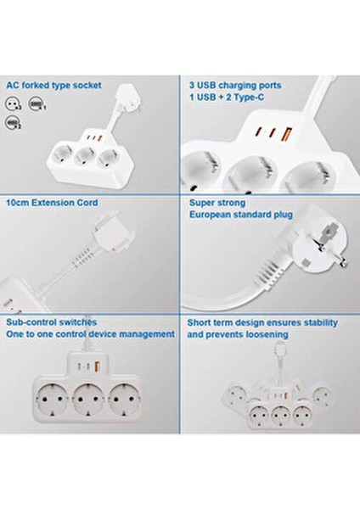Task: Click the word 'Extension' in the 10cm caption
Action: (x=52, y=204)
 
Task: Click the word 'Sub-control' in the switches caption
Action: (x=29, y=322)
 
